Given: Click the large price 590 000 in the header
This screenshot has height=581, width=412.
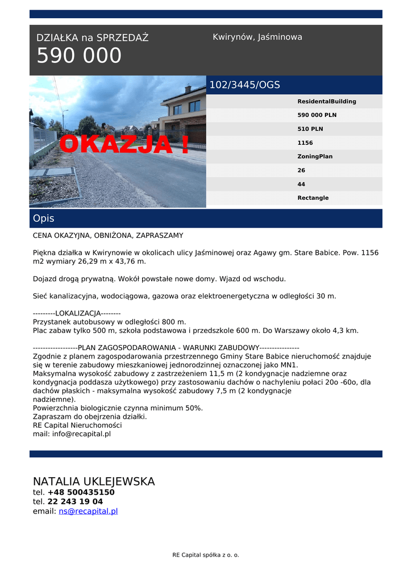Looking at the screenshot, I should click(79, 56).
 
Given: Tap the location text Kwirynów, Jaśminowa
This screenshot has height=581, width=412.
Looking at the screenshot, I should click(257, 37).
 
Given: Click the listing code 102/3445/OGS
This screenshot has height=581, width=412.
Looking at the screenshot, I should click(245, 85).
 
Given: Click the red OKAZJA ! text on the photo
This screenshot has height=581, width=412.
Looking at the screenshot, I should click(124, 145).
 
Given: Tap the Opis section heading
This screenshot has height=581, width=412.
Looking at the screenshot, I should click(44, 218).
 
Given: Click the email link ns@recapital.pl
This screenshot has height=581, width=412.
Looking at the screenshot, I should click(88, 511).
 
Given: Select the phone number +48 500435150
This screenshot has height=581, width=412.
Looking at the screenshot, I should click(81, 492).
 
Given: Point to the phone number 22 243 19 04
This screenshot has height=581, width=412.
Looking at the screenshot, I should click(75, 502).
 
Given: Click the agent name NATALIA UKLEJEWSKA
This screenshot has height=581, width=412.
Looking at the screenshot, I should click(94, 482).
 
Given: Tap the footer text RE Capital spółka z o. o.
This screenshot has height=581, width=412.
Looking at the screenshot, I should click(206, 555).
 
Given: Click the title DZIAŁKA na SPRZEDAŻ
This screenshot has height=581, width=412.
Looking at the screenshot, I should click(92, 38).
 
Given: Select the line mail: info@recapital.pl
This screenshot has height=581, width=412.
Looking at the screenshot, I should click(72, 434).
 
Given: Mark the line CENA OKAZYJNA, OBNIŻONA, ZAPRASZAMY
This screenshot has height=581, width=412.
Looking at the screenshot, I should click(108, 235).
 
